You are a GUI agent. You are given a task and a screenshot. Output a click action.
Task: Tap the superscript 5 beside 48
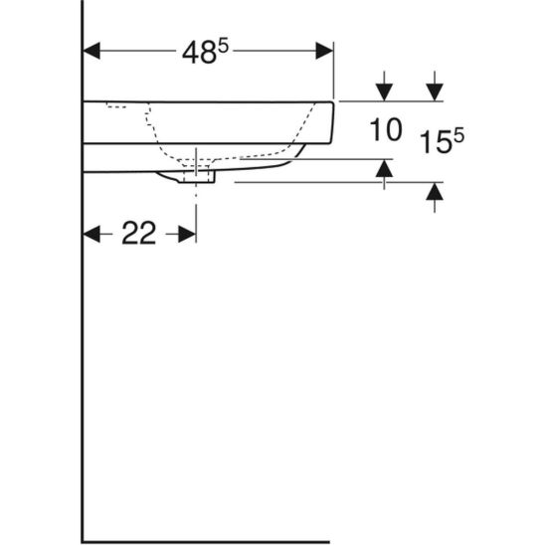tap(224, 47)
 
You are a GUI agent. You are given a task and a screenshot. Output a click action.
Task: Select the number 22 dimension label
tap(139, 234)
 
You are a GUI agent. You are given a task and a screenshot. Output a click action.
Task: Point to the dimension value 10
tap(386, 129)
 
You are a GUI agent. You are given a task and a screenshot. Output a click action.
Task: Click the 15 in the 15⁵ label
tap(436, 142)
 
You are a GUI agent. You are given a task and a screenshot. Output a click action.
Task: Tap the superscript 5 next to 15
tap(458, 135)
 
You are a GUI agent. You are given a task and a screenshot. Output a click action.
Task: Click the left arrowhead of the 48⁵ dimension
tap(91, 51)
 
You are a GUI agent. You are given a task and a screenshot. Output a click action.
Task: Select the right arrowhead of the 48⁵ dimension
tap(324, 51)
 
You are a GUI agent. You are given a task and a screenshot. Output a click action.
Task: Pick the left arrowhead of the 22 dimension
tap(91, 234)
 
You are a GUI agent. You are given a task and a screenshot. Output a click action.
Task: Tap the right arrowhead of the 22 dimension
tap(187, 234)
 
